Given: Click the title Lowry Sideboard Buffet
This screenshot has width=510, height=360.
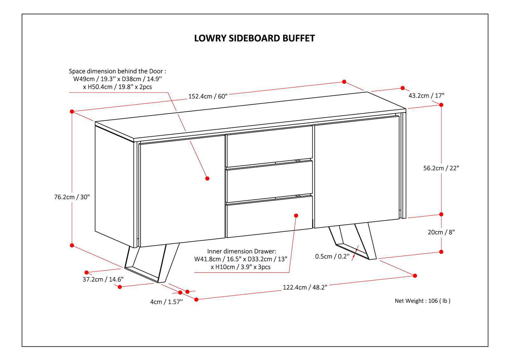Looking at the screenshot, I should (x=254, y=38).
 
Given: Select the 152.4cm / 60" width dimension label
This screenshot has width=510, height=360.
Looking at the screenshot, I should (x=208, y=96).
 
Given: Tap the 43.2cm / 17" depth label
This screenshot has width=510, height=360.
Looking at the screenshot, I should (x=426, y=96).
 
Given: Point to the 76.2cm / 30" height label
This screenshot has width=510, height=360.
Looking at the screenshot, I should (x=72, y=197).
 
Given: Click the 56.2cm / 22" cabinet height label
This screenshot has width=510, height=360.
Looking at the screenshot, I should (x=441, y=168).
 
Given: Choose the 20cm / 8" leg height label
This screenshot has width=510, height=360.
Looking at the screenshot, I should (x=441, y=232).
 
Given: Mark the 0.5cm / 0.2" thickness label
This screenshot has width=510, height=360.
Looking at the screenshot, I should (x=332, y=256).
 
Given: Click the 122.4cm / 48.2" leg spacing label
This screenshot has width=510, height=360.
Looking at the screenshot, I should (x=305, y=287).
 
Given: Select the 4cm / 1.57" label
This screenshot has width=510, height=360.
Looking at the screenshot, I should (x=166, y=302).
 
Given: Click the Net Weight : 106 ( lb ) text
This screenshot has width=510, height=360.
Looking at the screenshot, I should (x=422, y=301).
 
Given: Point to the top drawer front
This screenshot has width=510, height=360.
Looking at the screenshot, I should (x=269, y=146).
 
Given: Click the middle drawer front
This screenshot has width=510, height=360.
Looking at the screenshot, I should (x=269, y=182).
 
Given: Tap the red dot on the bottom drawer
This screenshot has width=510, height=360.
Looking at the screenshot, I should (x=296, y=215).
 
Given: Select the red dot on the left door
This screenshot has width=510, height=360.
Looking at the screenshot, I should (x=207, y=178).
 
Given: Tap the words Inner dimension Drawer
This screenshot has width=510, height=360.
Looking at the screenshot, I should (x=241, y=251).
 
